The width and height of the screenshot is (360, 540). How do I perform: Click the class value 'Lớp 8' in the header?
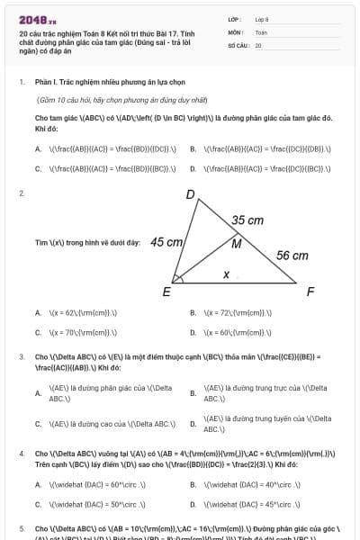[262, 19]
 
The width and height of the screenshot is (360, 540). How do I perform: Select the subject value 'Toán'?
[261, 31]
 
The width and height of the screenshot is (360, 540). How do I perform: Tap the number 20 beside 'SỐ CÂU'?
[258, 44]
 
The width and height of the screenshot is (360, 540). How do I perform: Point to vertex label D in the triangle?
[191, 194]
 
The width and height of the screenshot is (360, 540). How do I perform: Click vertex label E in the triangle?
[166, 292]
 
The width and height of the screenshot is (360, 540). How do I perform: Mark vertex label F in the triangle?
[310, 292]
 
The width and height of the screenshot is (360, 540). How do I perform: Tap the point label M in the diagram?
[237, 243]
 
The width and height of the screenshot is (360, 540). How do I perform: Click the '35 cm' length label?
[247, 220]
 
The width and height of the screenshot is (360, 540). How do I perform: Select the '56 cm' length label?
[292, 256]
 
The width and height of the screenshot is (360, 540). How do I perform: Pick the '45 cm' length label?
[167, 242]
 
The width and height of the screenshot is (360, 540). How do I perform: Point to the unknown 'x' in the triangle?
[226, 274]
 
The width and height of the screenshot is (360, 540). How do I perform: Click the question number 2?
[21, 193]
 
